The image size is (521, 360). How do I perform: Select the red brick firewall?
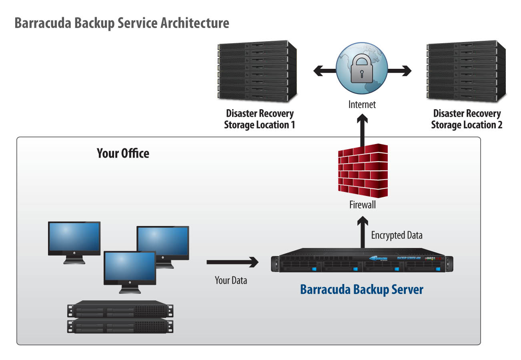pos(363,172)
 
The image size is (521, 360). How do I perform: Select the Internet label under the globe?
pos(362,105)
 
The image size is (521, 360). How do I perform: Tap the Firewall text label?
pos(362,205)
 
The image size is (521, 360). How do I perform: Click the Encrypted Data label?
pos(397,235)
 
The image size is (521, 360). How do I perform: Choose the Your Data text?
pos(231,280)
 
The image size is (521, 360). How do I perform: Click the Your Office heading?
pos(123,153)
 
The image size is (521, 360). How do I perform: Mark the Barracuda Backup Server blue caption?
pos(361,289)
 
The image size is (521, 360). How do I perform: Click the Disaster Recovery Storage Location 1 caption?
pos(259,119)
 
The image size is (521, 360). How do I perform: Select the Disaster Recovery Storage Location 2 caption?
pos(467,119)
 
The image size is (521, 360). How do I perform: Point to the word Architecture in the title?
pos(195,23)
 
